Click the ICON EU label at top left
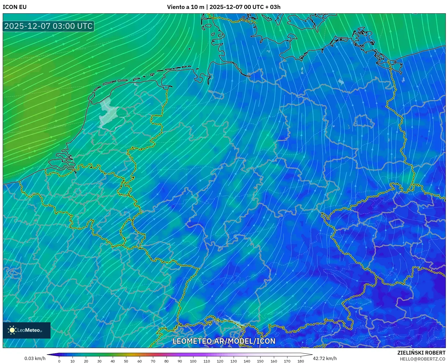pos(15,7)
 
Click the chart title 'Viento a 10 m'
pos(185,7)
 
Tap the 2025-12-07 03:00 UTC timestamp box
pos(48,26)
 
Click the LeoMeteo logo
pos(27,330)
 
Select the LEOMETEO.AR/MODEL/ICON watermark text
pos(224,341)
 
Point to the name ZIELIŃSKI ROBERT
pos(421,353)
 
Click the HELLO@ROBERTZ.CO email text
pos(422,359)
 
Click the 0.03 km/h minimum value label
pos(35,358)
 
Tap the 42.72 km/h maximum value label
pos(325,358)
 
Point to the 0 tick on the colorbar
pos(59,361)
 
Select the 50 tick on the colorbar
pos(126,361)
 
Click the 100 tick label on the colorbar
pos(193,361)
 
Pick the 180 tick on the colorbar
pos(300,361)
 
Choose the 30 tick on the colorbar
pos(99,361)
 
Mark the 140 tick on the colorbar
pos(247,361)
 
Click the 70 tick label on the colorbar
pos(153,361)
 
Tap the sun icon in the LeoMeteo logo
pos(12,330)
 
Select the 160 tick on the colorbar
pos(274,361)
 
